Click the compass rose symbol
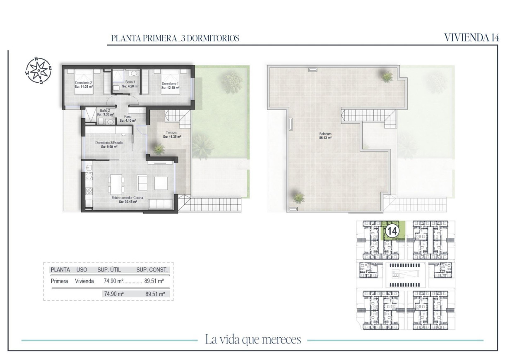[x=38, y=70]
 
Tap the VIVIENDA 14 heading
[x=471, y=37]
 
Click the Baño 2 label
[x=105, y=112]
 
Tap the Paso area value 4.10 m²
[x=128, y=121]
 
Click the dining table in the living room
[x=116, y=182]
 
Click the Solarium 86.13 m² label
[x=325, y=136]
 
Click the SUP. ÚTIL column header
[x=109, y=269]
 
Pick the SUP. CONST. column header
[x=152, y=269]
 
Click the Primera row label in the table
[x=59, y=281]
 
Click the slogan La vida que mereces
[x=252, y=340]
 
